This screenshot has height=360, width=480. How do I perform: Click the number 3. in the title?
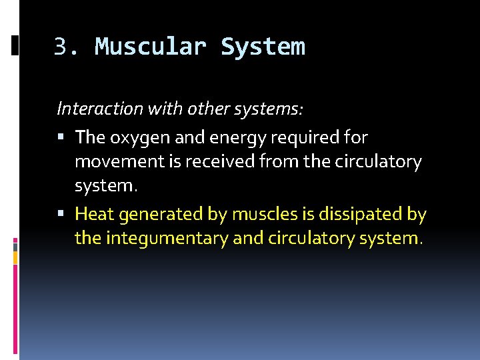(x=67, y=47)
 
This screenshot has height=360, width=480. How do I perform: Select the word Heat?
(x=93, y=214)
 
